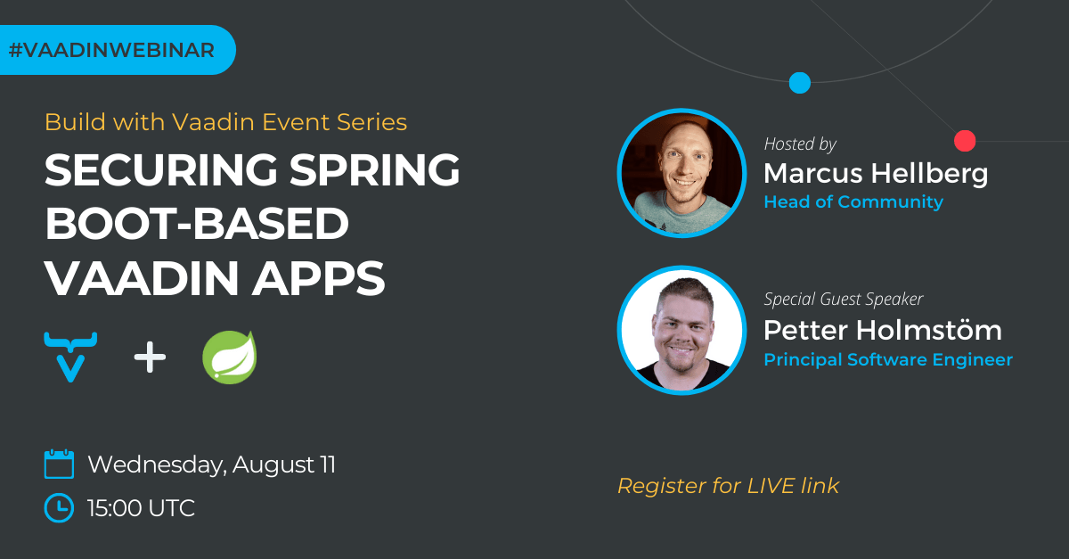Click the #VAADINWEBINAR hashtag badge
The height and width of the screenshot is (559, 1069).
(111, 50)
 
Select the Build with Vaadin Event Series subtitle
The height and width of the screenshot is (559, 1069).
(225, 122)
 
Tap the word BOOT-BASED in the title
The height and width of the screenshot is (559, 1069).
(196, 225)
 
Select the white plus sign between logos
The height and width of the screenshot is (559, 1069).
(150, 358)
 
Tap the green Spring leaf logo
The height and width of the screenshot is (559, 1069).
(229, 357)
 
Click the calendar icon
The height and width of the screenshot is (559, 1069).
(59, 464)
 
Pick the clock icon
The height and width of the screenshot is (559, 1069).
(59, 507)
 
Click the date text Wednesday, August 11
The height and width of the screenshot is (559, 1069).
(211, 464)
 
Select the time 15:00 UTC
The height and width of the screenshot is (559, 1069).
(141, 508)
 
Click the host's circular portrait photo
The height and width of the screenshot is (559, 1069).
(681, 173)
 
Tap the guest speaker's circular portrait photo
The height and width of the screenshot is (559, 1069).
(681, 330)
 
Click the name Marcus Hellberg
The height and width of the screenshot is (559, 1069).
(876, 173)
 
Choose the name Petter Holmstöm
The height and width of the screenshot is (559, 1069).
(882, 331)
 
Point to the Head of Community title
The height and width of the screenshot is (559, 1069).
(853, 202)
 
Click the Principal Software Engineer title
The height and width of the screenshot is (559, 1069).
(887, 360)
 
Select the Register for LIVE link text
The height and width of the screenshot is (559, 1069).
(728, 486)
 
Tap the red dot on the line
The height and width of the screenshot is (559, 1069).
(965, 141)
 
